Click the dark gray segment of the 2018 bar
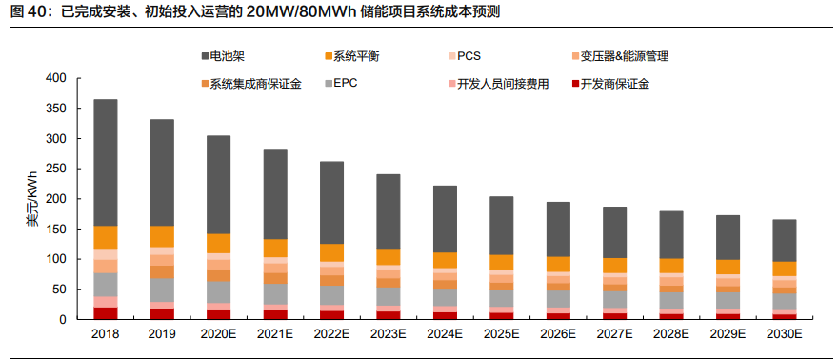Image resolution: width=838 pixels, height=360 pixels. coord(106,162)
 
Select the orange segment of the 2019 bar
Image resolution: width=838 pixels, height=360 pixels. coord(162,236)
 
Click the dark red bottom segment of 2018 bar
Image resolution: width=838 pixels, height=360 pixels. coord(106,313)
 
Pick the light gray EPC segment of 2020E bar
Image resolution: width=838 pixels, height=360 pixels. coord(219,291)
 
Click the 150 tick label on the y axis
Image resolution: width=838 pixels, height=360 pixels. coord(55,229)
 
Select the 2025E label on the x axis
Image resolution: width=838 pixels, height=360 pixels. coord(501,335)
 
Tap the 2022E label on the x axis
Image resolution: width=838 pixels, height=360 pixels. coord(331,335)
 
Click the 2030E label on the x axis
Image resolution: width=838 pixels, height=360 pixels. coord(784,335)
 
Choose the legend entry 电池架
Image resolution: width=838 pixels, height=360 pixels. coord(229,56)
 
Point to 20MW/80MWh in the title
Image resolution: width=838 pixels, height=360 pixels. coord(302,12)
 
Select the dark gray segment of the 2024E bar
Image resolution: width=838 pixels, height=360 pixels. coord(445,219)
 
